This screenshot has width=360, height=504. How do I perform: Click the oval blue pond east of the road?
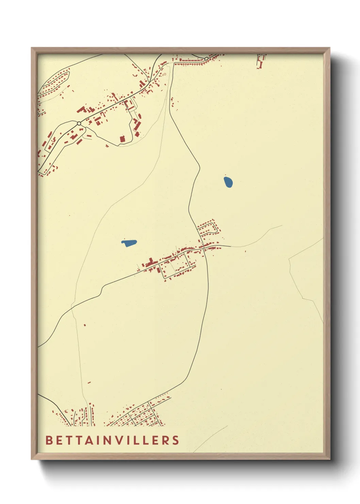coord(228,182)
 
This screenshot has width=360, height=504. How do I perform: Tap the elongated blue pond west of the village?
coord(129,243)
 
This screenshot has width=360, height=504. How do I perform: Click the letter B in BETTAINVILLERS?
coord(49,440)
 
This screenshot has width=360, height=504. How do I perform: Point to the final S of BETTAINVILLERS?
coord(176,440)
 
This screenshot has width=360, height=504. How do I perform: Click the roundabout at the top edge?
coord(206,59)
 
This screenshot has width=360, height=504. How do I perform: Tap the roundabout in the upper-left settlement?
coord(79,123)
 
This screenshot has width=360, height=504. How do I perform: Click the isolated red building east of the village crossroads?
coord(245,251)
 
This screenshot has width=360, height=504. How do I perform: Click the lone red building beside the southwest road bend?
coord(85,325)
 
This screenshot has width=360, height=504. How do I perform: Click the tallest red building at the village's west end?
coord(150,262)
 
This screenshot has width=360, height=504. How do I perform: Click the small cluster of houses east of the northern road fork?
coord(173,102)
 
